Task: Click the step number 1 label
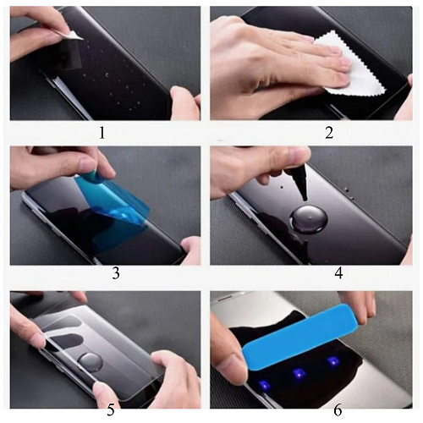coord(102,133)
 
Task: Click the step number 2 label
coord(329,133)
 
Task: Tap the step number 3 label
coord(116,273)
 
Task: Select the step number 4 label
coord(338,273)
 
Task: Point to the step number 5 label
coord(111,410)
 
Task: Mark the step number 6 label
coord(338,410)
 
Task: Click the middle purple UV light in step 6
coord(298,373)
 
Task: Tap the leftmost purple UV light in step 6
coord(263,386)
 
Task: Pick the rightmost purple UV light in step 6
coord(332,360)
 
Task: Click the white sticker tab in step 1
coord(73,36)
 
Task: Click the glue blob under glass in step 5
coord(90,362)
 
